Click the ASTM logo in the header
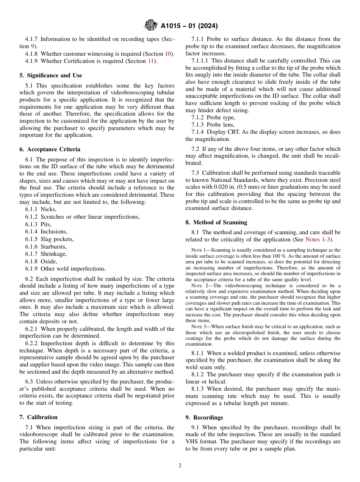coord(151,26)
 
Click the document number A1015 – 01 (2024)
coord(189,26)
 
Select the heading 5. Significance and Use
coord(51,75)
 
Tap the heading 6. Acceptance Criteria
coord(50,149)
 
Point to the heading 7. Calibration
coord(38,417)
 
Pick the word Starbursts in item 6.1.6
coord(53,246)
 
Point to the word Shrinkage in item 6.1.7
coord(53,254)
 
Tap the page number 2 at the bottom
coord(180,466)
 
